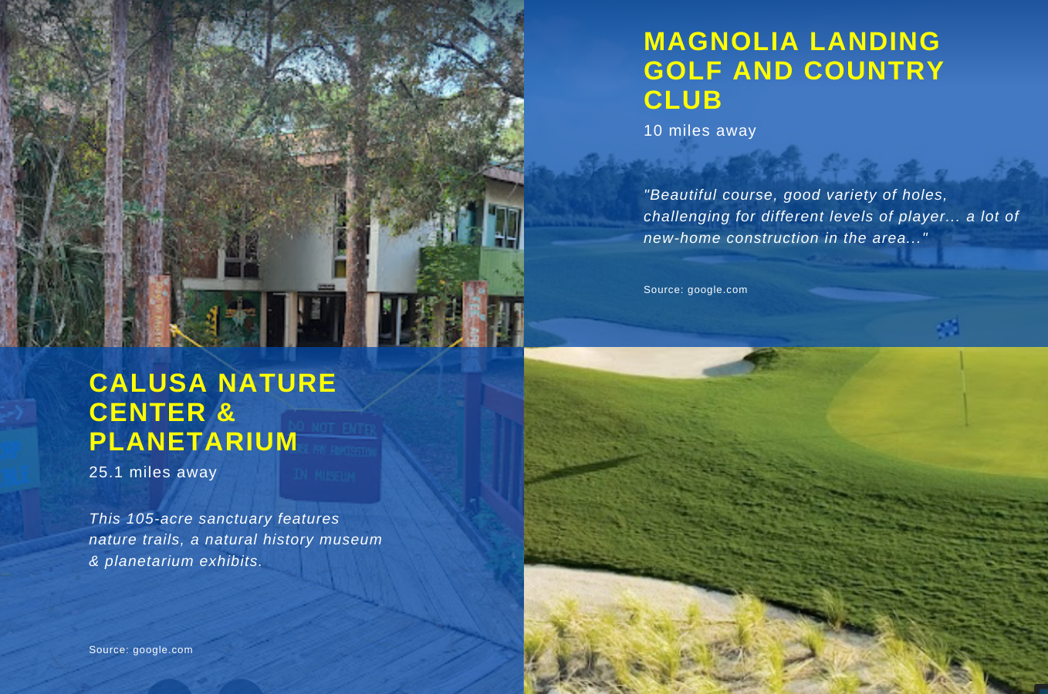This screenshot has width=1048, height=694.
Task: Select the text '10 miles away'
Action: pos(700,130)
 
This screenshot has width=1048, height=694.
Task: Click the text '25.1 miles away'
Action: pos(153,472)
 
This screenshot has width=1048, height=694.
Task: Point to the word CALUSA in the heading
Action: pos(148,382)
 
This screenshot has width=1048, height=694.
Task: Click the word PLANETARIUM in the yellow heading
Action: pos(193,442)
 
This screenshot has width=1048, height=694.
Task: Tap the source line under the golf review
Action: pos(695,290)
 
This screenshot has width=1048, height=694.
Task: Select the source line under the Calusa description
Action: pos(140,649)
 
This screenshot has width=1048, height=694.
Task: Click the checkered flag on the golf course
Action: pos(948,328)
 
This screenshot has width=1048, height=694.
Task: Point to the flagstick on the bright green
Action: pos(964,389)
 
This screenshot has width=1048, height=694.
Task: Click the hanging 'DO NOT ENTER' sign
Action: pos(331,456)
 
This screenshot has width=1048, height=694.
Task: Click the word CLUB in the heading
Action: pos(683,100)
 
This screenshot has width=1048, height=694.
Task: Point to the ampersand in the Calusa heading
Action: pos(226,413)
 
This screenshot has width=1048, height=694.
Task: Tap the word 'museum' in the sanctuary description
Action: pos(351,540)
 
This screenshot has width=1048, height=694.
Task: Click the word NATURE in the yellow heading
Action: pos(277,382)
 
